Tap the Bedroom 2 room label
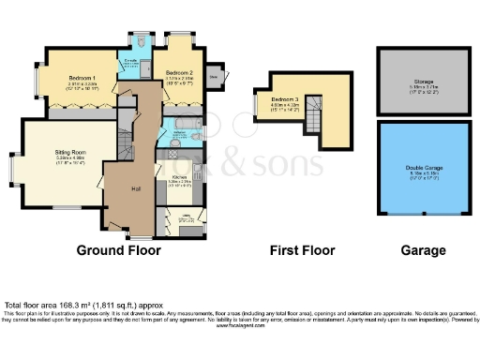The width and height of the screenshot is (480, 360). point(179,72)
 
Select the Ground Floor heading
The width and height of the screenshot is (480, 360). point(118,250)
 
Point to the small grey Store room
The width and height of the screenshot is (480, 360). point(215,78)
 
